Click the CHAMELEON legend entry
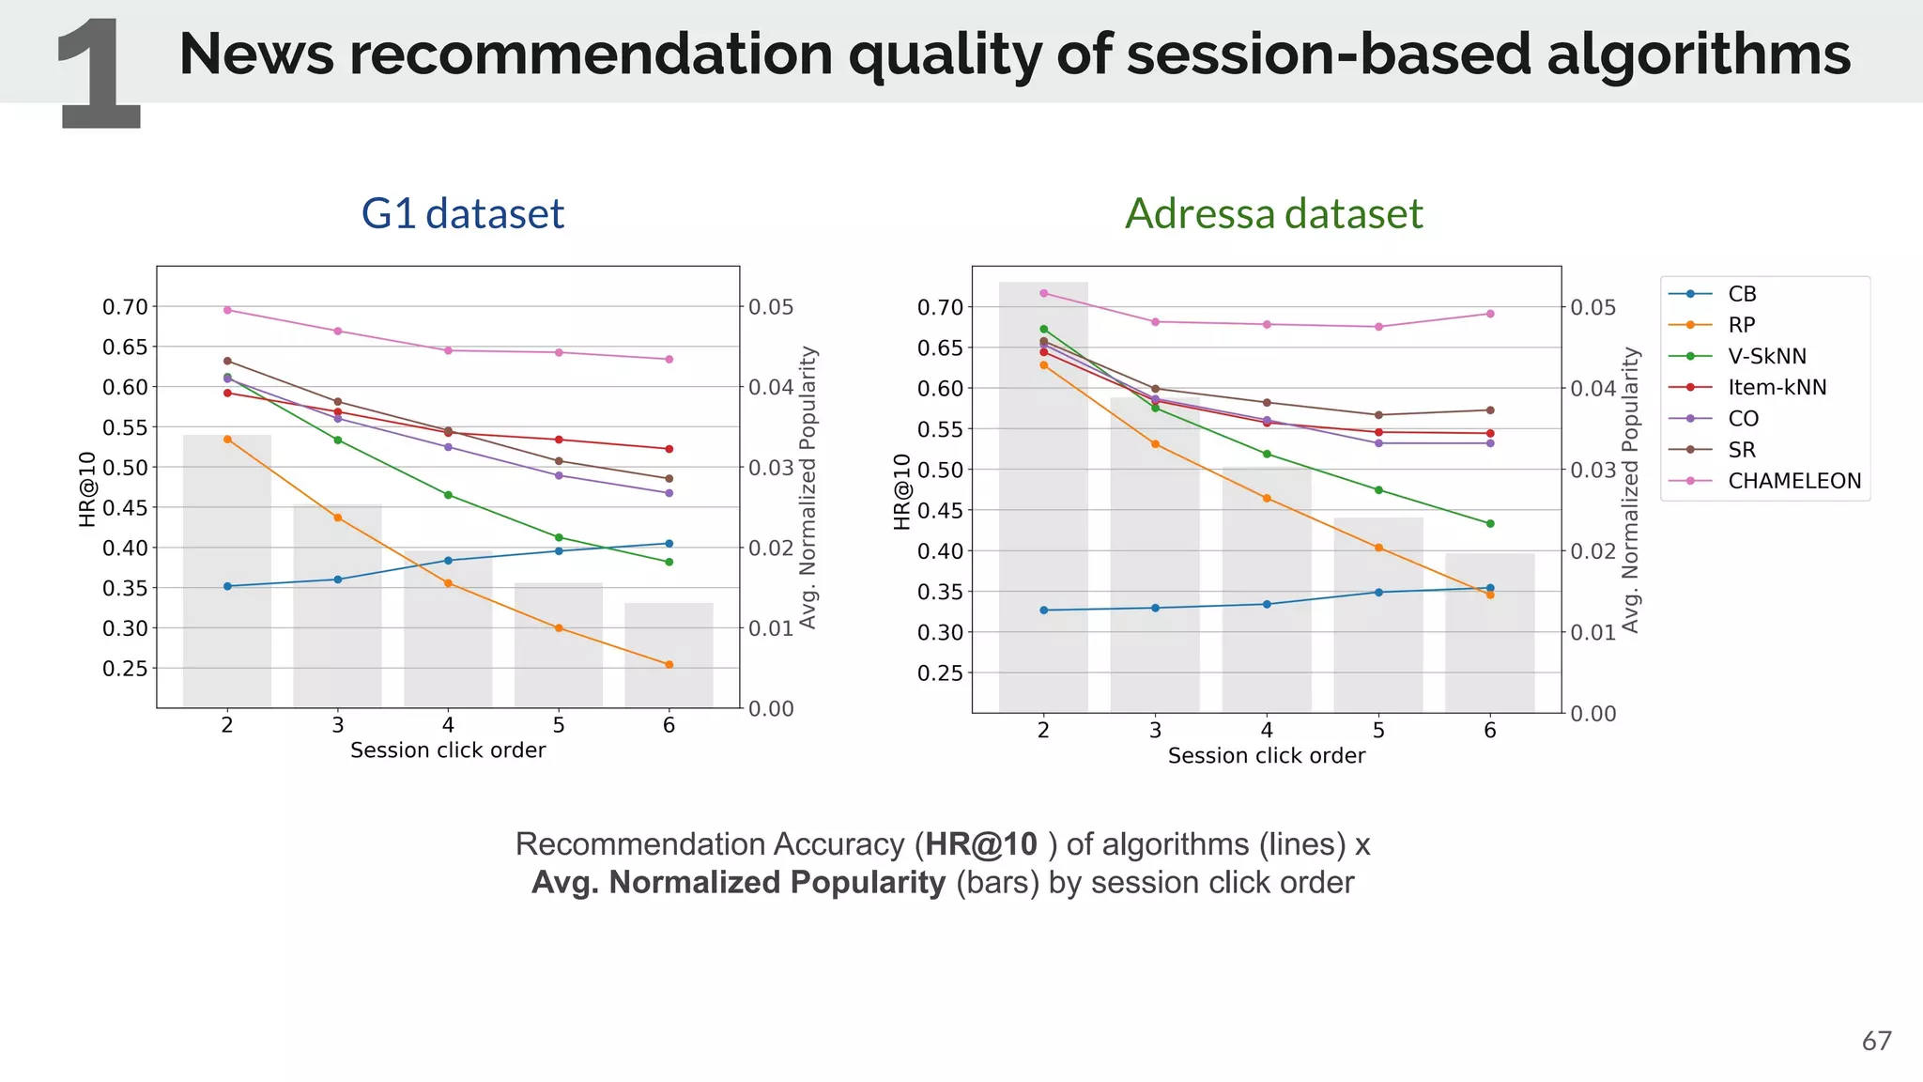tap(1793, 481)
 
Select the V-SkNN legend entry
tap(1766, 356)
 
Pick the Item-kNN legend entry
tap(1777, 387)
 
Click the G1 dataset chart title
tap(462, 213)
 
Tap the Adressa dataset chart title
tap(1273, 213)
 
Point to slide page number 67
tap(1876, 1041)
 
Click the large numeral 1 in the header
tap(99, 75)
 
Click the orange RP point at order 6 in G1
tap(669, 665)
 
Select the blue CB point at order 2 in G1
tap(227, 586)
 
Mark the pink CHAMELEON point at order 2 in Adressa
tap(1043, 293)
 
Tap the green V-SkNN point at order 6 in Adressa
tap(1490, 523)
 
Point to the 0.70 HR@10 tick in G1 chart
tap(125, 307)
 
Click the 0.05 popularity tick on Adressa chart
tap(1593, 307)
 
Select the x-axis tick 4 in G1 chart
tap(448, 725)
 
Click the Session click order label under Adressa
tap(1266, 756)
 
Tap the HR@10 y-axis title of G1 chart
tap(87, 488)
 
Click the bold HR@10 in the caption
tap(981, 844)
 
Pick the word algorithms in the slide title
tap(1698, 54)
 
